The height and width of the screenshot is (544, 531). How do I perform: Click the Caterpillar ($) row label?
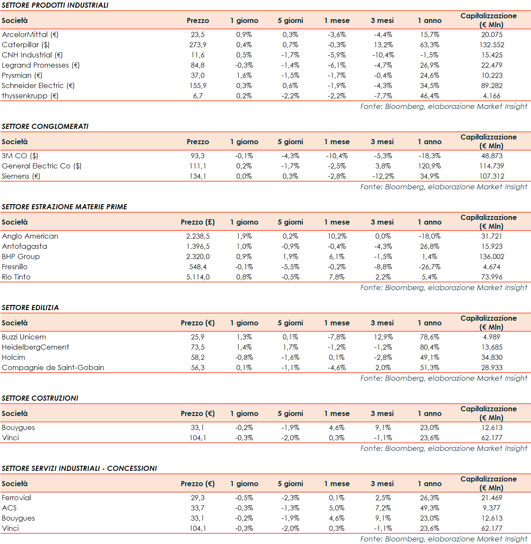point(26,45)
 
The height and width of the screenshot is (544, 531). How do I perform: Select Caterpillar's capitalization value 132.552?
point(492,45)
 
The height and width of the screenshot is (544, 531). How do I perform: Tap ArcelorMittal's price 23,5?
point(198,34)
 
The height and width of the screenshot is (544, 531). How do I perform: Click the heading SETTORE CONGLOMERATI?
point(45,126)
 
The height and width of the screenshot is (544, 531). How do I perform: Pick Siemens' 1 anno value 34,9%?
point(429,176)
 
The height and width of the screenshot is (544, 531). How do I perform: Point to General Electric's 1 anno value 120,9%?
point(429,166)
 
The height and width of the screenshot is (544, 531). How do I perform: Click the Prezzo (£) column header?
point(198,222)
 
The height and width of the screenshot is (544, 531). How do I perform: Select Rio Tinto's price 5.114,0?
point(198,277)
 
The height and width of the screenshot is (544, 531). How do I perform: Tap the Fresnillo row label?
point(14,267)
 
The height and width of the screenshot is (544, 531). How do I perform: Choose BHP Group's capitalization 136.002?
point(492,256)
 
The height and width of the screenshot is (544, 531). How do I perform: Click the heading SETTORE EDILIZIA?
point(30,308)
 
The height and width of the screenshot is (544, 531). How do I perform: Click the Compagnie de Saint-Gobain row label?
point(53,367)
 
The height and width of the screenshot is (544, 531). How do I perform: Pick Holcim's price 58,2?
point(198,357)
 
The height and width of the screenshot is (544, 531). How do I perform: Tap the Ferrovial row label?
point(16,498)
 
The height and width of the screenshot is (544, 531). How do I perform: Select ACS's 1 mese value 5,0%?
point(337,508)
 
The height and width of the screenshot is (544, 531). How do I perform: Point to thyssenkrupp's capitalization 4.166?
point(492,96)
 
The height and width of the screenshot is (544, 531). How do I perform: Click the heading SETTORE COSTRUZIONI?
point(40,398)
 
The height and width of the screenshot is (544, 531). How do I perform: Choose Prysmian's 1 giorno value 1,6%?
point(244,75)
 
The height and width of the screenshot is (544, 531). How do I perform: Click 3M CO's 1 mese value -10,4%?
point(337,156)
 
